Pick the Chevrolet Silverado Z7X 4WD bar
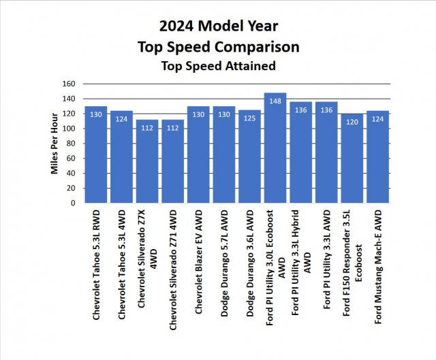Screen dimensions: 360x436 click(x=147, y=161)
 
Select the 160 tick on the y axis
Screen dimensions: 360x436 click(x=67, y=84)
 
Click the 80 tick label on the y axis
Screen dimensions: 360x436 click(x=69, y=144)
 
